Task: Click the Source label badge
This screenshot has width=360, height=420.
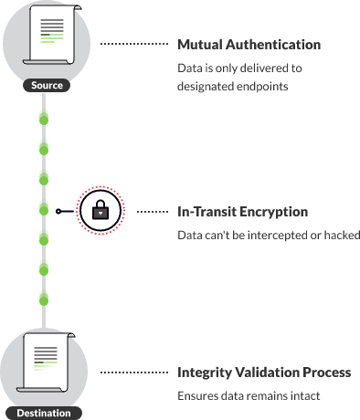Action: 46,86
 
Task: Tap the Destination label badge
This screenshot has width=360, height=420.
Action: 43,413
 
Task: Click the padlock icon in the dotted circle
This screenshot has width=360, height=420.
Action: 101,211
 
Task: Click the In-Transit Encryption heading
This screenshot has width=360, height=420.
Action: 242,212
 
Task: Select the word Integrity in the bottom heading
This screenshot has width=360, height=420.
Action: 204,373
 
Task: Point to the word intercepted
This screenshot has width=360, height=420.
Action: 277,236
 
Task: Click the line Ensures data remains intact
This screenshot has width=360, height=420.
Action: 249,396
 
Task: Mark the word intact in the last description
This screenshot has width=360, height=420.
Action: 305,396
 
